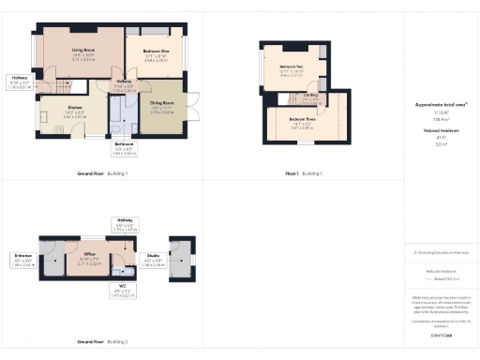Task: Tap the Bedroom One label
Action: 156,54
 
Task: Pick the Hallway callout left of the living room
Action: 19,82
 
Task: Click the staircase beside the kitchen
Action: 63,87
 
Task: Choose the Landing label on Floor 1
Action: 310,97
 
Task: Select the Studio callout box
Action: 154,258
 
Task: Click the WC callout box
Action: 123,292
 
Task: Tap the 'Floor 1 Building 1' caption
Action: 305,174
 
